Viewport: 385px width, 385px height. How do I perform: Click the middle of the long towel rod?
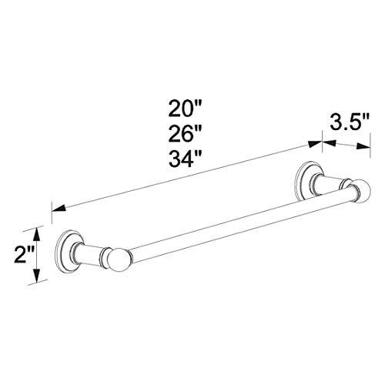pos(231,223)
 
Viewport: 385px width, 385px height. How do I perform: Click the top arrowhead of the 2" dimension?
pos(34,229)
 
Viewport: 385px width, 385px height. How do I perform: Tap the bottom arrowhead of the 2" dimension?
pos(34,280)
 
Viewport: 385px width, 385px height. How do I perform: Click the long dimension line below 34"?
pos(185,175)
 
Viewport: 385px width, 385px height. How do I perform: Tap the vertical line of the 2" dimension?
pos(34,254)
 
